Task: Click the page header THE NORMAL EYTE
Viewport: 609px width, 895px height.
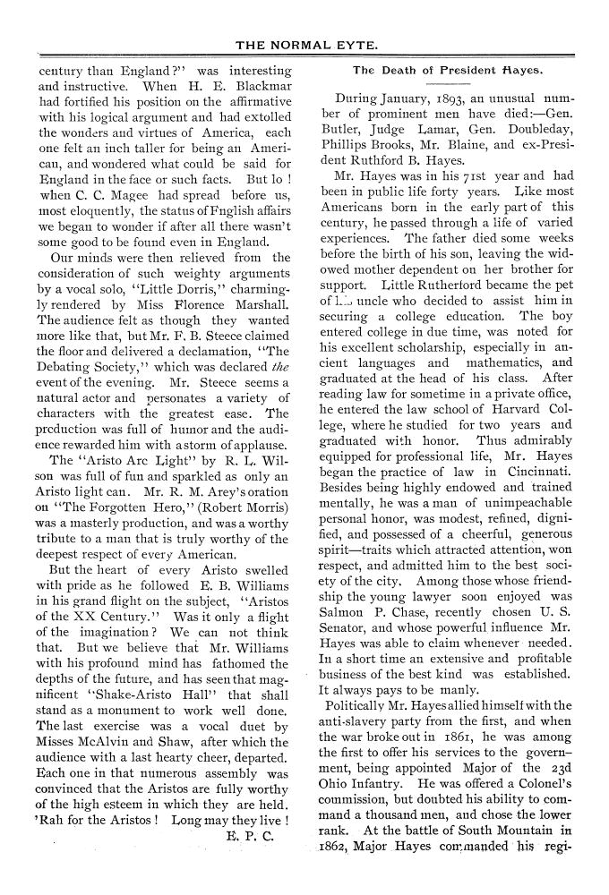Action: [x=304, y=44]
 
